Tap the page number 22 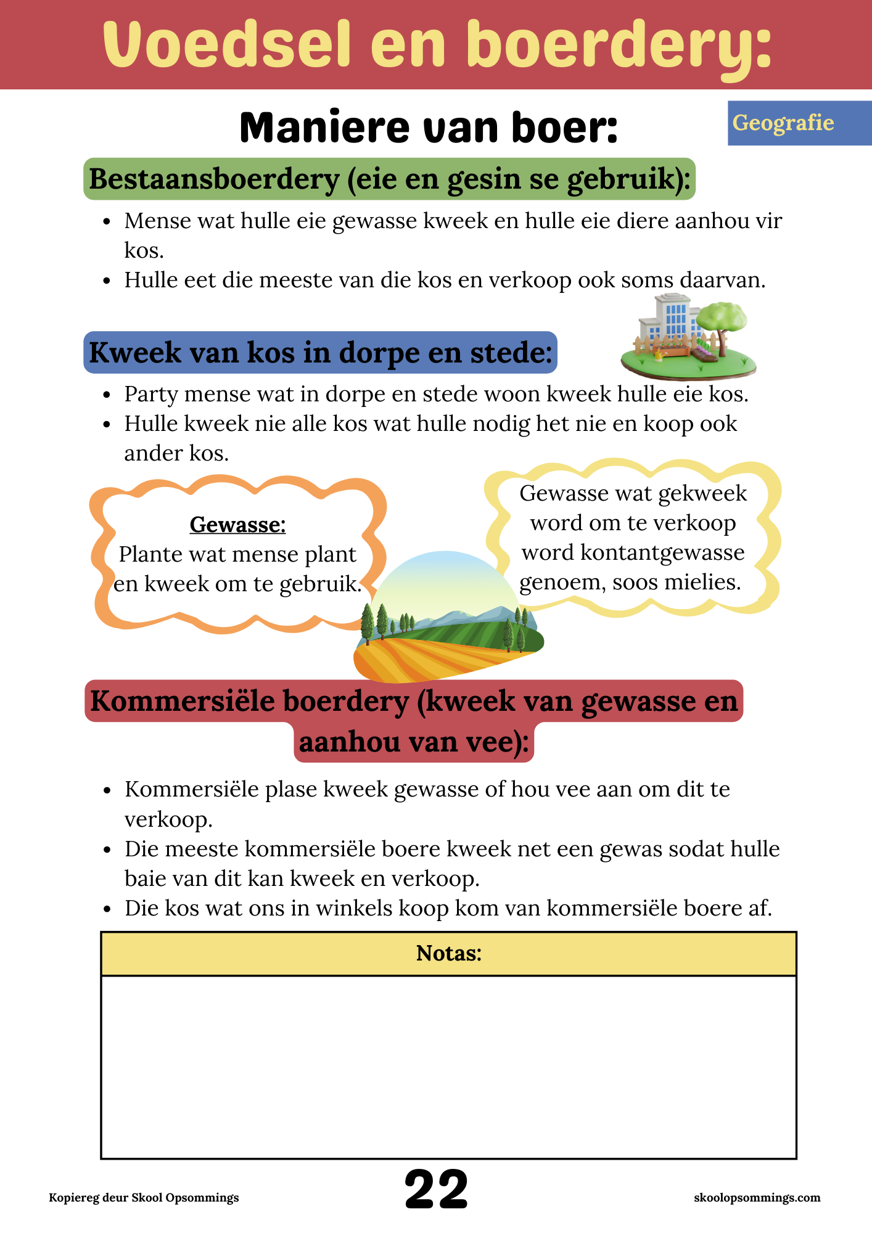436,1189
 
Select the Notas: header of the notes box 448,954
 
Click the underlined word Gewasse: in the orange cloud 237,525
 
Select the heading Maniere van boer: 429,128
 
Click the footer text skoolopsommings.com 757,1198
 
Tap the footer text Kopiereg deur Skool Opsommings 144,1198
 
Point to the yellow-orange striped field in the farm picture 419,660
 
